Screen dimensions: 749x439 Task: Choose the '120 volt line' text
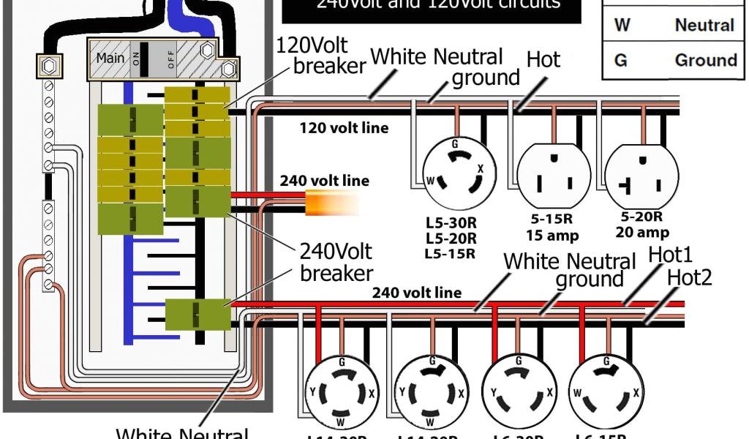pyautogui.click(x=344, y=129)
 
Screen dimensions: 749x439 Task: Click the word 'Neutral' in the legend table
pyautogui.click(x=704, y=26)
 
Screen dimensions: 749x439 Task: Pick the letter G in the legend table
pyautogui.click(x=621, y=60)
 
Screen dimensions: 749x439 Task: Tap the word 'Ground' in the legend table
pyautogui.click(x=705, y=60)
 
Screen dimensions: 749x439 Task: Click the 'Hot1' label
pyautogui.click(x=671, y=255)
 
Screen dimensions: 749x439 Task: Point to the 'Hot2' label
pyautogui.click(x=690, y=277)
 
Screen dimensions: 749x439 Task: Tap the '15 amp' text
pyautogui.click(x=552, y=236)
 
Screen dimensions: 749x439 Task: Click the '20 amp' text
pyautogui.click(x=641, y=233)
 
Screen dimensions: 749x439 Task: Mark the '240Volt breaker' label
pyautogui.click(x=336, y=262)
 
